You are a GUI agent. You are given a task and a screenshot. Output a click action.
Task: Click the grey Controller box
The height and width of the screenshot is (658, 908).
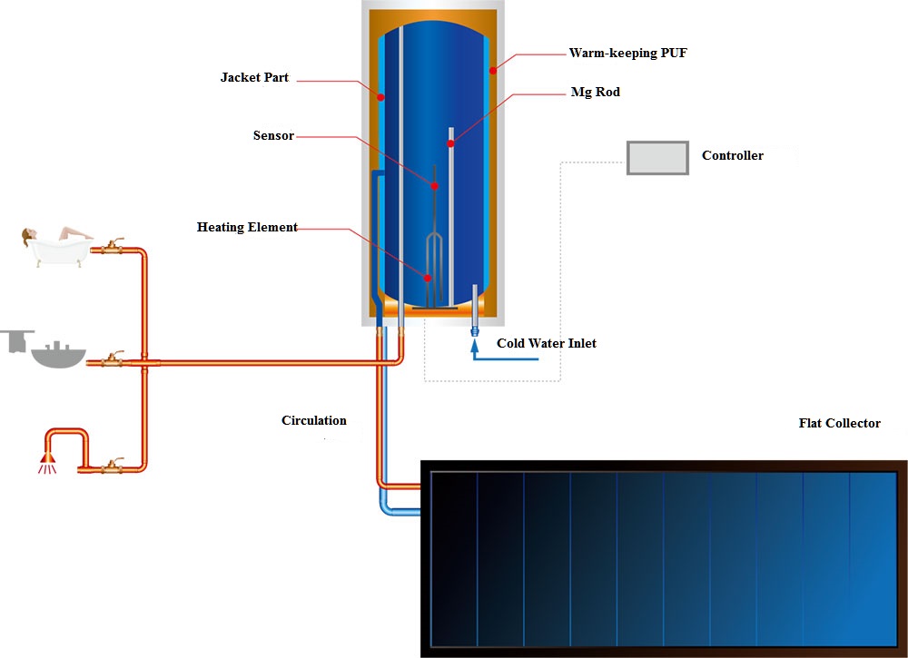(x=657, y=158)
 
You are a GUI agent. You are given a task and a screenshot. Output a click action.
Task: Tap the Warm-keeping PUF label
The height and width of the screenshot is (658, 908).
(x=627, y=54)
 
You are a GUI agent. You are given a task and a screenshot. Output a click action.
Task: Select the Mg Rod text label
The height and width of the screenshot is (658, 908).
(x=596, y=92)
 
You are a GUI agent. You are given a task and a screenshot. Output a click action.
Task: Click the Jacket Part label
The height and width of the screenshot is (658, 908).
(x=254, y=77)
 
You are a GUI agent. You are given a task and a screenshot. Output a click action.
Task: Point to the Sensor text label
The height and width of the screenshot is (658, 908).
(x=273, y=135)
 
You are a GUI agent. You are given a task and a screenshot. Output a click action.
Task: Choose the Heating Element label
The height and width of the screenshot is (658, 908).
(x=247, y=227)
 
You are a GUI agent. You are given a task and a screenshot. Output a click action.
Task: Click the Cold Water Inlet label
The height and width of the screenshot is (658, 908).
(x=546, y=343)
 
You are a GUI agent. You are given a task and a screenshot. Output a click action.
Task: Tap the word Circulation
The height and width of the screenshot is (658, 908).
(x=314, y=421)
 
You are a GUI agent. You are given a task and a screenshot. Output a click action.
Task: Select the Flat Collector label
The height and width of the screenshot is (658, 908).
(x=839, y=423)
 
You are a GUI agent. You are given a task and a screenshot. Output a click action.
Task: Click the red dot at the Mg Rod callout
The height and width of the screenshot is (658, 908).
(x=450, y=143)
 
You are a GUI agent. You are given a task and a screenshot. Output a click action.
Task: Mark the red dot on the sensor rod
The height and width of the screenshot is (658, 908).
(x=434, y=186)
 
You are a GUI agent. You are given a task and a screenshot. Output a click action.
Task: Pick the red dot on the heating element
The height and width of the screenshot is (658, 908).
(x=428, y=279)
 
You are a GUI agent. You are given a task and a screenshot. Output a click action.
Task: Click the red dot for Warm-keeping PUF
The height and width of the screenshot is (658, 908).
(x=493, y=71)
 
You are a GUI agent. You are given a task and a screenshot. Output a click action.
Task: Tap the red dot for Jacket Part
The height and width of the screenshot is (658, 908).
(x=380, y=97)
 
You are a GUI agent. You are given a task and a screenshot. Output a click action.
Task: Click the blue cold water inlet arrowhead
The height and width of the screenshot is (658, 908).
(x=475, y=346)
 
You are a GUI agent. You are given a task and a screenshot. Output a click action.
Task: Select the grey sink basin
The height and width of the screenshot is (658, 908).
(x=58, y=357)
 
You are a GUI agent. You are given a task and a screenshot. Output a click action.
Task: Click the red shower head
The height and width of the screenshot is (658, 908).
(x=47, y=457)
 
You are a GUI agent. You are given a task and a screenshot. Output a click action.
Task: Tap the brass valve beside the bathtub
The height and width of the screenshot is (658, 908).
(x=113, y=248)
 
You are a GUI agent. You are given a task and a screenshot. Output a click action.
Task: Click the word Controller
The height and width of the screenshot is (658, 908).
(x=733, y=155)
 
